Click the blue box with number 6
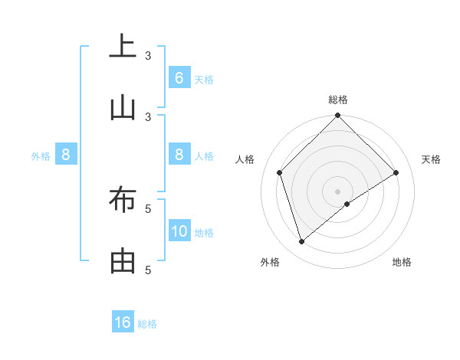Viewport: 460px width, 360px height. coord(179,78)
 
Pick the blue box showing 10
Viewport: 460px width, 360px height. coord(179,231)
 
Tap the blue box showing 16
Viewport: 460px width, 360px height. coord(123,322)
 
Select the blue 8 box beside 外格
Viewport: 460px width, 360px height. coord(66,155)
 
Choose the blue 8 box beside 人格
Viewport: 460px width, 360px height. coord(179,155)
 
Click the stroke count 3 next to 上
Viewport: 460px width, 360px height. coord(149,55)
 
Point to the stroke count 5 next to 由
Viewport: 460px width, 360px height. coord(149,270)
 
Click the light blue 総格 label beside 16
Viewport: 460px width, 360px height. coord(147,324)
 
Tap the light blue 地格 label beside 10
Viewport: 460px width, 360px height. coord(204,232)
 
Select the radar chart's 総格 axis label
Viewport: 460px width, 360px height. coord(338,100)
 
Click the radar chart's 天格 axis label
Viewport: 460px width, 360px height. coord(432,159)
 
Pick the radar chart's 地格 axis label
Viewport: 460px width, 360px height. coord(402,262)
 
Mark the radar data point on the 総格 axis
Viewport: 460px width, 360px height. coord(337,116)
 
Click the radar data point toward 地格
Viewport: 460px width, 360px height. coord(347,204)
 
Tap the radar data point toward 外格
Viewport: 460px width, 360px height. coord(301,242)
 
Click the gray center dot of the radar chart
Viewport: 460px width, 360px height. coord(337,191)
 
